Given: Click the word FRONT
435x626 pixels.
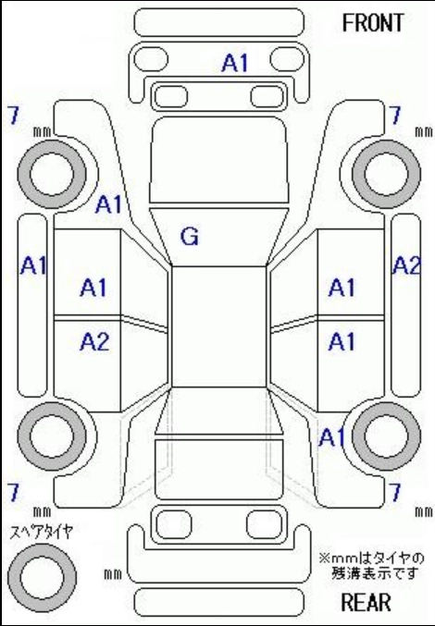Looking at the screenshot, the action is pyautogui.click(x=373, y=23).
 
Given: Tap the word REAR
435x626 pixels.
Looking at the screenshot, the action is pyautogui.click(x=366, y=602).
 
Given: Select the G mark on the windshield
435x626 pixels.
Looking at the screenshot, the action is pyautogui.click(x=190, y=237).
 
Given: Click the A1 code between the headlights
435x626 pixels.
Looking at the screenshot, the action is pyautogui.click(x=235, y=63).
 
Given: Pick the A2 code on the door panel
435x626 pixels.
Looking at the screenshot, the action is pyautogui.click(x=94, y=342).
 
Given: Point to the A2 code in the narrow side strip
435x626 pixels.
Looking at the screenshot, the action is pyautogui.click(x=406, y=265).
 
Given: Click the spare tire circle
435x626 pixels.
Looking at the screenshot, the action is pyautogui.click(x=42, y=577).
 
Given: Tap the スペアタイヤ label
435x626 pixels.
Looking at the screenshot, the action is pyautogui.click(x=42, y=533).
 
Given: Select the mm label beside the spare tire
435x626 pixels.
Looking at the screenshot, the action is pyautogui.click(x=113, y=574).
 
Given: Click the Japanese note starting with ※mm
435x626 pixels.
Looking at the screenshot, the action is pyautogui.click(x=371, y=565).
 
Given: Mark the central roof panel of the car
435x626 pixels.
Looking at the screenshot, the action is pyautogui.click(x=219, y=326).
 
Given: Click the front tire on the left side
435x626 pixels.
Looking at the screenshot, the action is pyautogui.click(x=52, y=174).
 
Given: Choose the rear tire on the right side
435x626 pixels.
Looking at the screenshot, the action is pyautogui.click(x=386, y=436).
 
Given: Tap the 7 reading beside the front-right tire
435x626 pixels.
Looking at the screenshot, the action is pyautogui.click(x=395, y=116).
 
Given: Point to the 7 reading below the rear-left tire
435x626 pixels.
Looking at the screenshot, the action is pyautogui.click(x=13, y=492).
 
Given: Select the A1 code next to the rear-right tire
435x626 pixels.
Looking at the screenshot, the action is pyautogui.click(x=331, y=437).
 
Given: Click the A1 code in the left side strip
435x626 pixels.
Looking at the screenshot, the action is pyautogui.click(x=33, y=265).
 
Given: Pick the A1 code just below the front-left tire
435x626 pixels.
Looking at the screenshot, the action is pyautogui.click(x=108, y=204).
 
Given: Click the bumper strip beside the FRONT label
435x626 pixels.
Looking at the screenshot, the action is pyautogui.click(x=219, y=22).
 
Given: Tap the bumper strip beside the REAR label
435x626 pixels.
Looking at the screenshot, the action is pyautogui.click(x=219, y=602).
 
